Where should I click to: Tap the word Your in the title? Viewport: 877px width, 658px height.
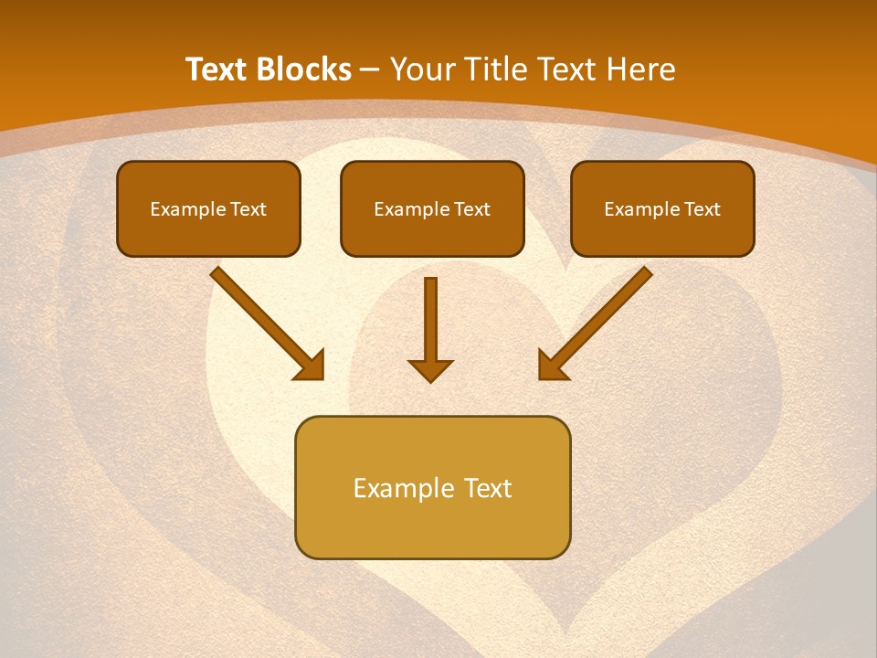422,69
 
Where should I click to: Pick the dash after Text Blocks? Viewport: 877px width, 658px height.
370,70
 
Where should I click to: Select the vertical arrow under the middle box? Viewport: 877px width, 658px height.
430,320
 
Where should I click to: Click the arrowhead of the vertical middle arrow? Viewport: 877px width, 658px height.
430,369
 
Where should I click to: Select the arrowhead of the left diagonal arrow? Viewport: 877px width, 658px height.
311,366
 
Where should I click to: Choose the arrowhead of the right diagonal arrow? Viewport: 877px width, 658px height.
552,366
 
